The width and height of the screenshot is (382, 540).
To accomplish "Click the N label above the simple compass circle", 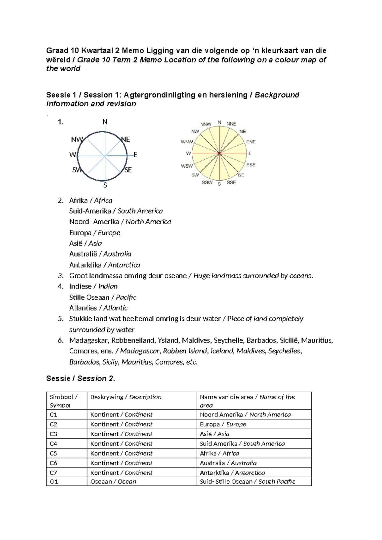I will pos(105,122).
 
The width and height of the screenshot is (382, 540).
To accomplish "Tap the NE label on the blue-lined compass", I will pos(126,139).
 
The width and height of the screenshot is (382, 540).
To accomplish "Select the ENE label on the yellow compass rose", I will pos(251,142).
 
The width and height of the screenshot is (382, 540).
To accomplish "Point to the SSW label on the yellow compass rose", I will pos(207,182).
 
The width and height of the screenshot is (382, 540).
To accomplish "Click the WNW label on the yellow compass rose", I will pos(187,142).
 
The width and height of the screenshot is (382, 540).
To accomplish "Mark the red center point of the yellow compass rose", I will pos(219,153).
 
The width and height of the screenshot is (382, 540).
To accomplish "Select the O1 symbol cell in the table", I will pos(54,482).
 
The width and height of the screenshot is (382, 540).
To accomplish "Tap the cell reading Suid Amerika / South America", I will pos(242,444).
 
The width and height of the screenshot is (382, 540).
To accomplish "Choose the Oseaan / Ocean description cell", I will pos(113,482).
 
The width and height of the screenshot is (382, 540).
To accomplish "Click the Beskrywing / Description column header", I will pos(126,397).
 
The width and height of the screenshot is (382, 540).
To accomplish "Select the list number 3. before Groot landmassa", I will pos(61,276).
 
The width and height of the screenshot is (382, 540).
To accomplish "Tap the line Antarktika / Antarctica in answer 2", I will pos(104,265).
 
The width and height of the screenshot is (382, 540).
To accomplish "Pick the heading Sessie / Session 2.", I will pos(80,379).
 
